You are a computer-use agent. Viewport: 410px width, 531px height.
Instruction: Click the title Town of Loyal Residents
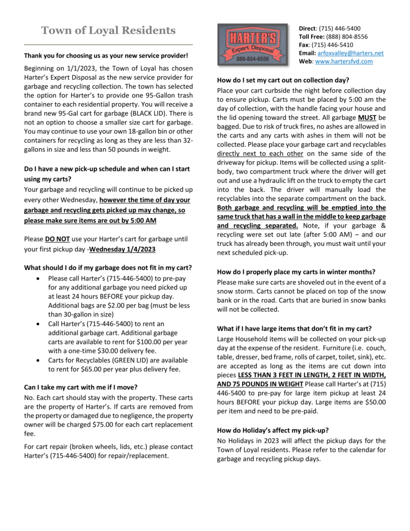(108, 30)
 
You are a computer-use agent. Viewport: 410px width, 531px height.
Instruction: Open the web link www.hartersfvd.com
(344, 61)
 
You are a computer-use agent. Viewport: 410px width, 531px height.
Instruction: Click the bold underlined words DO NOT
(56, 239)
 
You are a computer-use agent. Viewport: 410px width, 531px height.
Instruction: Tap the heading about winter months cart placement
(296, 272)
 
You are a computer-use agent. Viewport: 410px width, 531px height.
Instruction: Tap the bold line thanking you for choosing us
(106, 55)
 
